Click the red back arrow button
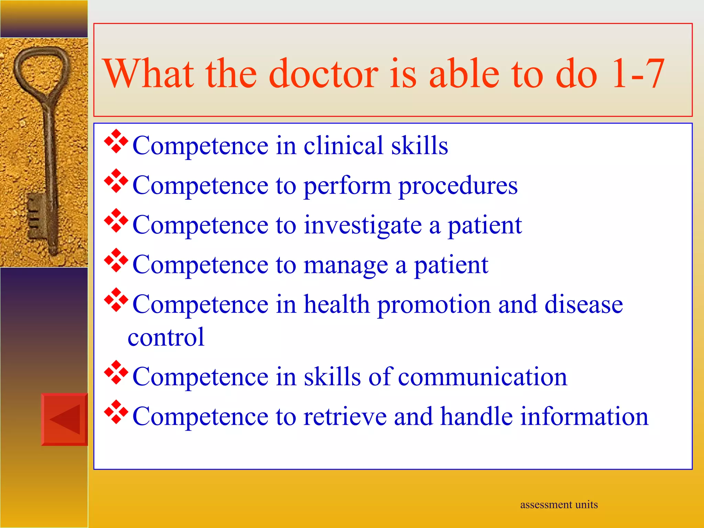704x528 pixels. [65, 419]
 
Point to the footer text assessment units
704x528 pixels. [559, 505]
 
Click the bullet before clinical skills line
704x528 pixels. [116, 141]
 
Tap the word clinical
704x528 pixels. [343, 146]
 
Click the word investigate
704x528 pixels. [363, 225]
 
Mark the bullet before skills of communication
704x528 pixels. [116, 372]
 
